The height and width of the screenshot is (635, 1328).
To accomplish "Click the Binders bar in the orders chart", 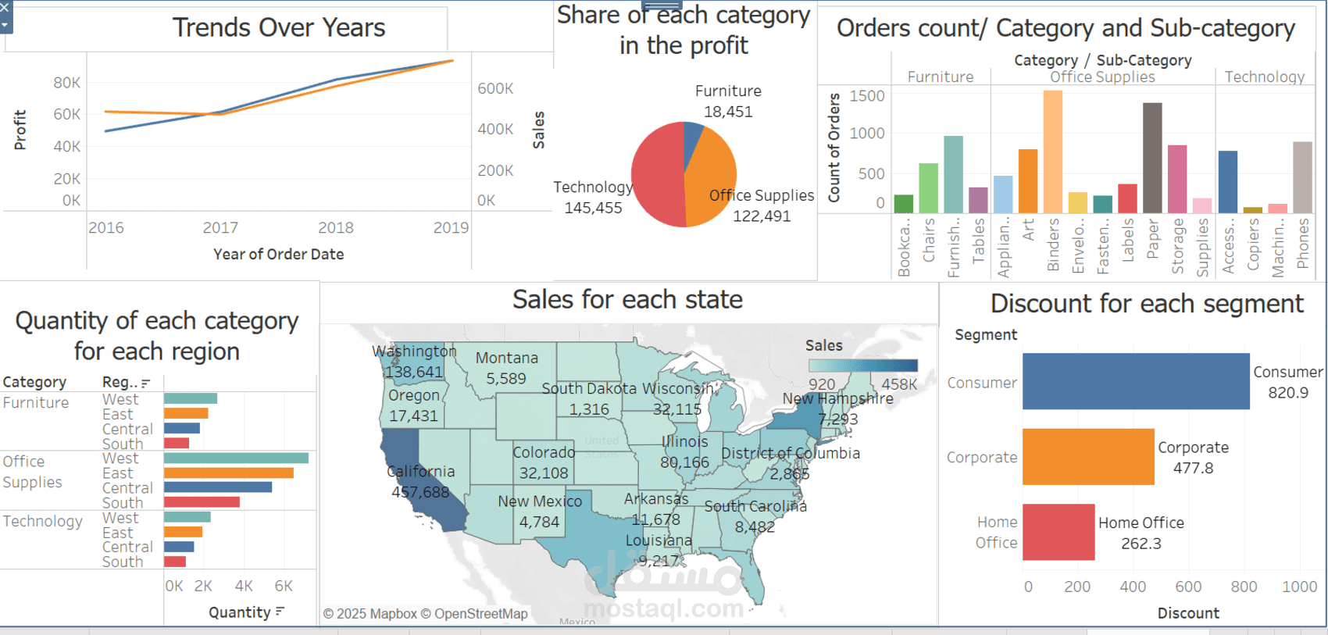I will (1052, 152).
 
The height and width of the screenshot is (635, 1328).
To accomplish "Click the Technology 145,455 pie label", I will (593, 198).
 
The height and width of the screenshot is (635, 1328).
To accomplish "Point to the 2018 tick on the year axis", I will (336, 227).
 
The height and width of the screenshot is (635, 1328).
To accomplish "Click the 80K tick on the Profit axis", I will (67, 83).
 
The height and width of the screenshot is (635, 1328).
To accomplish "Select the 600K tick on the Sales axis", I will (495, 88).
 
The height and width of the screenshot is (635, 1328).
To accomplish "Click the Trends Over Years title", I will (279, 28).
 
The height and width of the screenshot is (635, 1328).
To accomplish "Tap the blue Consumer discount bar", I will (1135, 381).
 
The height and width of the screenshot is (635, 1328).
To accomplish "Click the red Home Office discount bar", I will (1058, 532).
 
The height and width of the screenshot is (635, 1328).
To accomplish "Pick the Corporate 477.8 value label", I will (1193, 458).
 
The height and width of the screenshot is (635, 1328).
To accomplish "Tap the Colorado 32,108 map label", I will (544, 462).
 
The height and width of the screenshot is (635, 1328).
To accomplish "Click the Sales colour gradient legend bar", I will (862, 366).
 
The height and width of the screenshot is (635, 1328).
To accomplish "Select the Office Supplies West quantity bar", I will (236, 458).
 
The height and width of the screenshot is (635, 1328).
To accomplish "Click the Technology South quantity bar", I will (175, 562).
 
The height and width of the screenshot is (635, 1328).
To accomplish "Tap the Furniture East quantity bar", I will (186, 413).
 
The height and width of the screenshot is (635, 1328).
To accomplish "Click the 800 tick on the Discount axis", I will (1244, 587).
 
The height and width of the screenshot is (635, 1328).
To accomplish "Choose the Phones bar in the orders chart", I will (1302, 177).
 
